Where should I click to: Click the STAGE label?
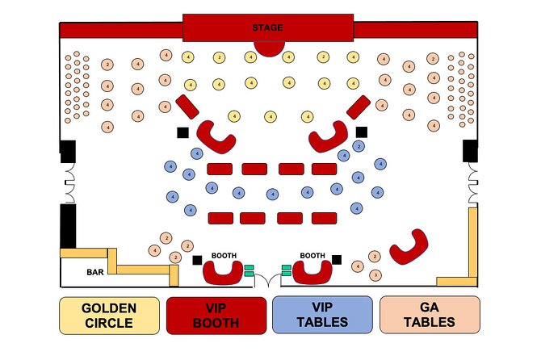click(267, 27)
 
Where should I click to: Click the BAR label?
click(94, 273)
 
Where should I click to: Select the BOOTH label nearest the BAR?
click(224, 256)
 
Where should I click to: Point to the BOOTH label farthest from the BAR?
click(312, 256)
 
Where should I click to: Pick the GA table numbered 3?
click(375, 275)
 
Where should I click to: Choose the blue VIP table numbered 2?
click(359, 147)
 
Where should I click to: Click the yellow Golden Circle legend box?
click(109, 315)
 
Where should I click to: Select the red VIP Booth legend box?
click(216, 315)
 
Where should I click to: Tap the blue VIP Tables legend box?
click(322, 315)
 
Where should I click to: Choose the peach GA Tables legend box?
click(429, 315)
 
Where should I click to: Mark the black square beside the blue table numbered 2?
click(362, 132)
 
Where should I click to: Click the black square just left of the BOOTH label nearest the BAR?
click(197, 259)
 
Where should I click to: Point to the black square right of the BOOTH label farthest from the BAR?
click(337, 259)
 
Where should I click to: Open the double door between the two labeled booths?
click(268, 278)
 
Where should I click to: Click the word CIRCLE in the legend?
click(109, 324)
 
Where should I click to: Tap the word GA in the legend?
click(429, 308)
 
